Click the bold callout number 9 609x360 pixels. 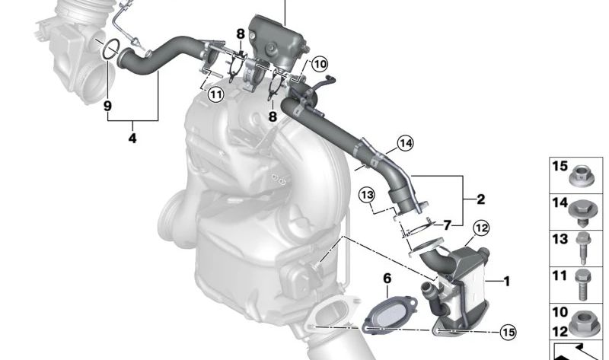(x=107, y=106)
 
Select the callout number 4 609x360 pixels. (x=132, y=139)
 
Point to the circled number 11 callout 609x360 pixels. (x=215, y=94)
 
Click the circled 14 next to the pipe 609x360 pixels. (x=405, y=142)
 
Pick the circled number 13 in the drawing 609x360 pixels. (x=368, y=195)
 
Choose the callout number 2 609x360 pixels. (x=447, y=225)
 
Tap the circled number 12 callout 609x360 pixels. (x=480, y=226)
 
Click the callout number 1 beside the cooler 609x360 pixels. (x=506, y=281)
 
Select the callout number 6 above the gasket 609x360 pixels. (x=387, y=279)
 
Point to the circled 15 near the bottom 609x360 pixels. (x=507, y=331)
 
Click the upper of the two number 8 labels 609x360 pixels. (x=241, y=33)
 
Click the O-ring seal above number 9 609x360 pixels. (x=110, y=49)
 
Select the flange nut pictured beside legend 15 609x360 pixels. (x=581, y=174)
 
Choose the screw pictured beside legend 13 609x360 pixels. (x=582, y=247)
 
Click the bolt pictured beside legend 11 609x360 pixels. (x=582, y=283)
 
